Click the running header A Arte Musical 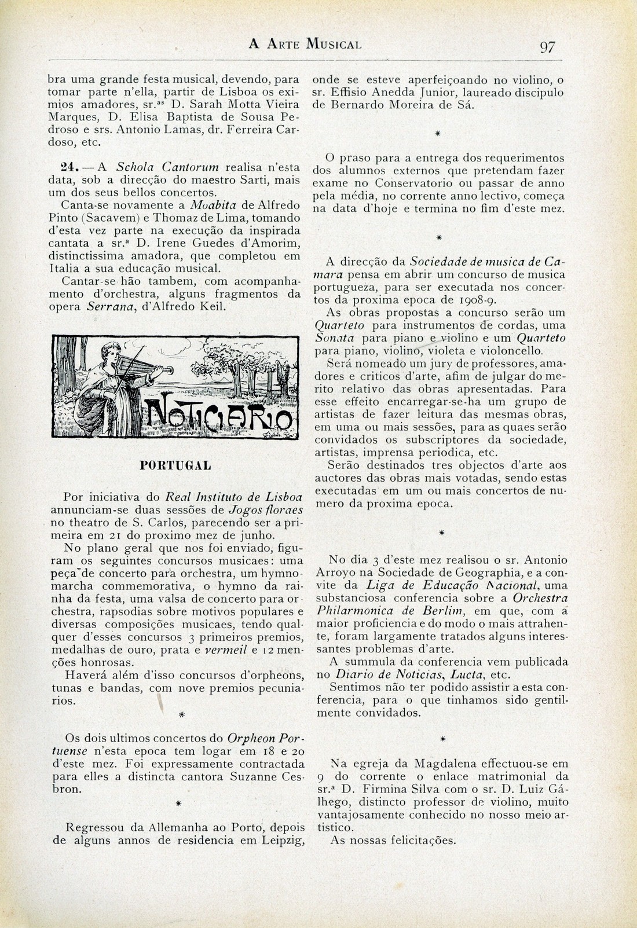305,43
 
